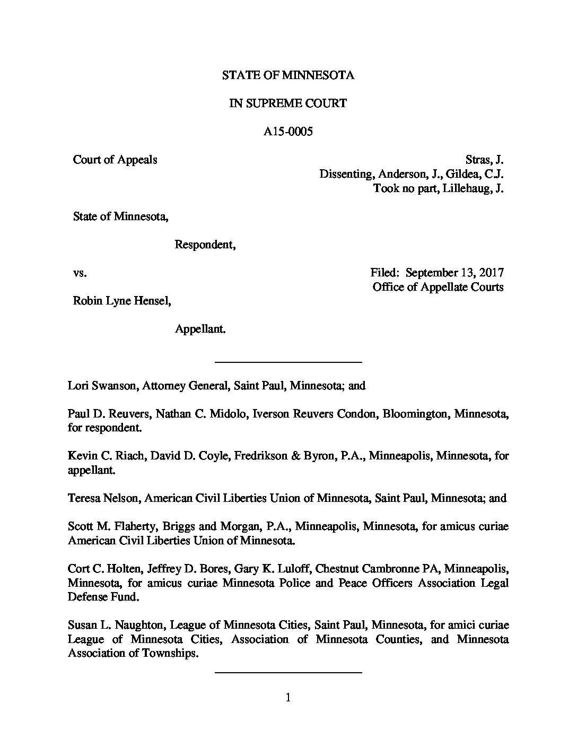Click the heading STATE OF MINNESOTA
tap(288, 75)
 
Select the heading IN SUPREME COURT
tap(288, 103)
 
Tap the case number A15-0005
tap(288, 132)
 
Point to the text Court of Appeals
tap(115, 160)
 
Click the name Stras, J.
tap(484, 160)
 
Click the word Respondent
tap(205, 245)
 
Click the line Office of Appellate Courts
tap(438, 287)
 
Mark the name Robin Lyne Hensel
tap(122, 301)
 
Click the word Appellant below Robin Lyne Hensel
tap(200, 329)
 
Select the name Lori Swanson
tap(102, 386)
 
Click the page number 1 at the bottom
tap(288, 698)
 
